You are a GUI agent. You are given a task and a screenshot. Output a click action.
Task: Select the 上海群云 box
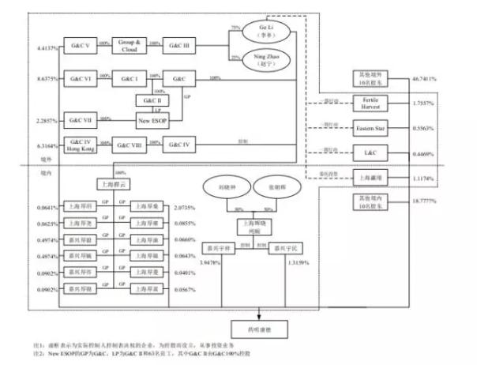pyautogui.click(x=111, y=183)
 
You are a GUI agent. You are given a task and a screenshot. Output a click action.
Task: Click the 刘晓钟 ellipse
pyautogui.click(x=224, y=189)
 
